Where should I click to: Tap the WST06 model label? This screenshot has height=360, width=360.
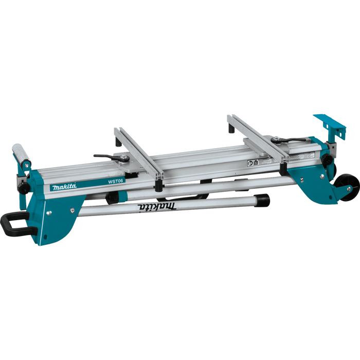pyautogui.click(x=115, y=181)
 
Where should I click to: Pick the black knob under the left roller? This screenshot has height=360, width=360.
pyautogui.click(x=23, y=189)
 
